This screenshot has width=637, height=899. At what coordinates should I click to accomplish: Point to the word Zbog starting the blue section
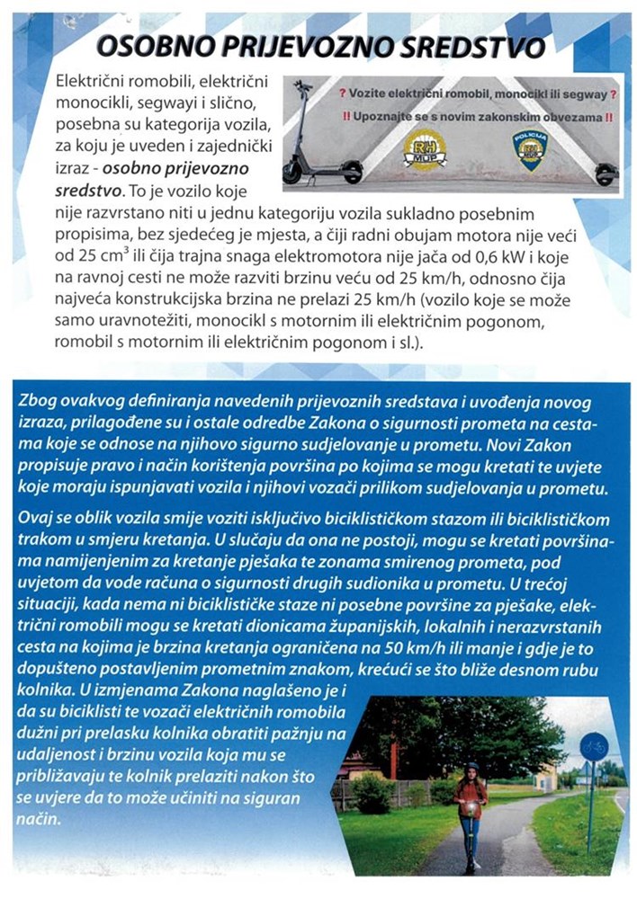pyautogui.click(x=45, y=398)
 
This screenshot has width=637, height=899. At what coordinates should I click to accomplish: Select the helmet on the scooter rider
pyautogui.click(x=472, y=767)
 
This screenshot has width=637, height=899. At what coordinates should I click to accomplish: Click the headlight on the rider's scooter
pyautogui.click(x=468, y=809)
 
